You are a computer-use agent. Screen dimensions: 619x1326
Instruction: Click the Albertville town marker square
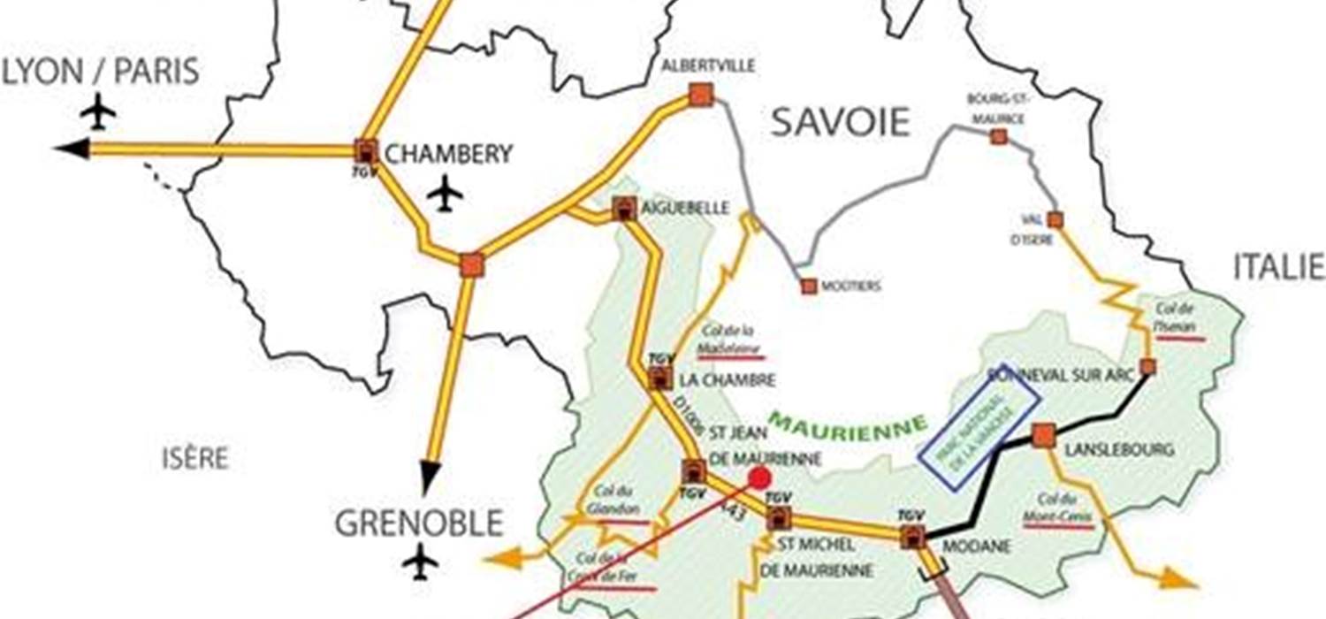coord(701,95)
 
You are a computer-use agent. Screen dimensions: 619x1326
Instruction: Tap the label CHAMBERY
coord(449,154)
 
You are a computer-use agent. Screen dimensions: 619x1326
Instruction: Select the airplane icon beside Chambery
coord(446,194)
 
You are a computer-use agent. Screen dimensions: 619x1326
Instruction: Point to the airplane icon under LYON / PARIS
coord(98,112)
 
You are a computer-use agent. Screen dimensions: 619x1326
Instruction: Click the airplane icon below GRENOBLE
coord(420,562)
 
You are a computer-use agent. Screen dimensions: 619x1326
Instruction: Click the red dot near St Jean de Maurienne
coord(758,478)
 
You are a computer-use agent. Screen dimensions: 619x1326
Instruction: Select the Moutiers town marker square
coord(809,286)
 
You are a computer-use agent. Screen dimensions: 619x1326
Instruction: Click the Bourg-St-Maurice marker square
coord(998,136)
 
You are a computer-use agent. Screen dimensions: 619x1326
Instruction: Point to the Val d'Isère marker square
coord(1055,219)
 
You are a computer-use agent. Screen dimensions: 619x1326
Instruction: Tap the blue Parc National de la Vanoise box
coord(979,428)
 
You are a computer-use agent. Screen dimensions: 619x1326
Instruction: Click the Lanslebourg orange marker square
coord(1043,435)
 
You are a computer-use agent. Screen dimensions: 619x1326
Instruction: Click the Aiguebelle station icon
coord(624,209)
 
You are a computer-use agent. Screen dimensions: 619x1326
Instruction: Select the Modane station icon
coord(912,536)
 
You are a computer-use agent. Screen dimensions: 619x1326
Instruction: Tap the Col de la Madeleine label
coord(729,340)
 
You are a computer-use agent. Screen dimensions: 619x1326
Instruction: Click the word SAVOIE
coord(840,122)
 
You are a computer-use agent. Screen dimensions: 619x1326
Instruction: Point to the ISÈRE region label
coord(195,458)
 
